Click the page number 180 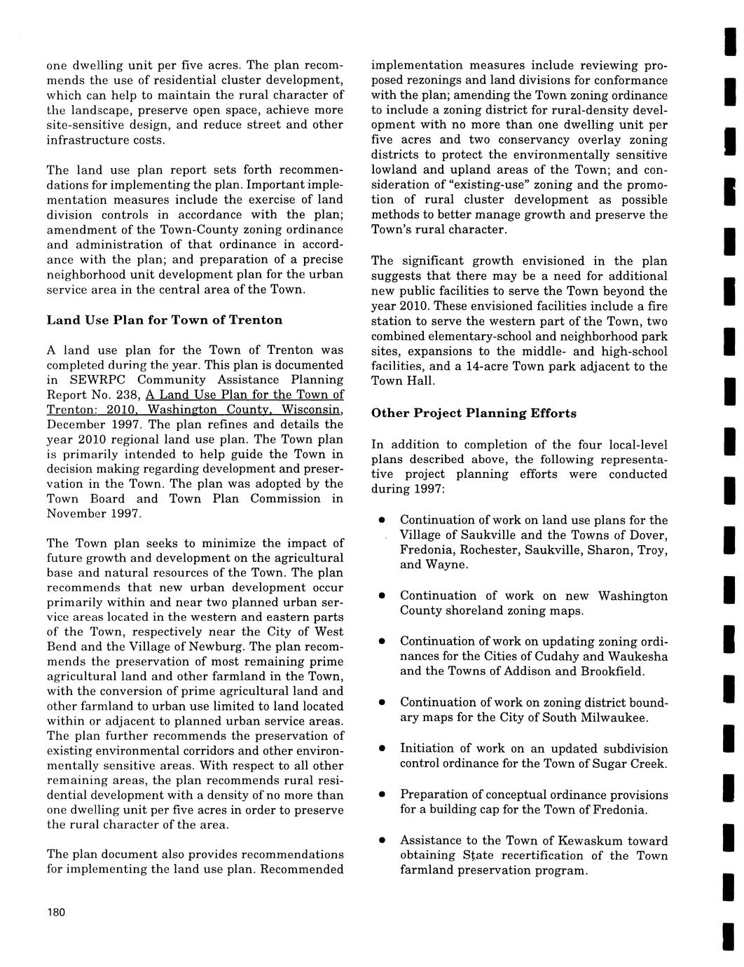coord(56,912)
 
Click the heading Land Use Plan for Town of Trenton coord(165,320)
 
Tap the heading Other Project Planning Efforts coord(474,413)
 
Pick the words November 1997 coord(94,514)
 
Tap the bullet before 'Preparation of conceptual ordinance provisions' coord(382,795)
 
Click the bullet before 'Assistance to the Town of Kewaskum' coord(382,841)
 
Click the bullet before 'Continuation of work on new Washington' coord(382,596)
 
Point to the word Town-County coord(165,230)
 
